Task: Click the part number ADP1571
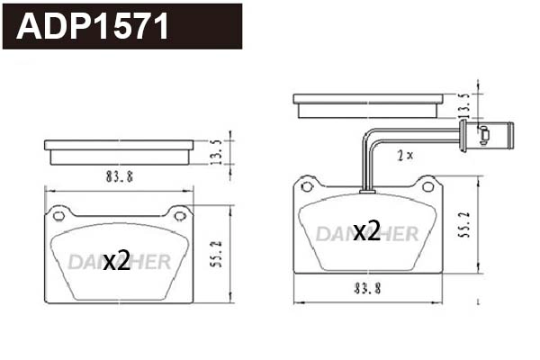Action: tap(94, 27)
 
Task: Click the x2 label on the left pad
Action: tap(116, 262)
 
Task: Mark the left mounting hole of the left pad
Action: tap(59, 215)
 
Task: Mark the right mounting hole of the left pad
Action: tap(178, 215)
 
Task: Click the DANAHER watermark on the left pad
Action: tap(118, 262)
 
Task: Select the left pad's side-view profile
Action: tap(119, 151)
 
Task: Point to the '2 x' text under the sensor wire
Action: tap(405, 155)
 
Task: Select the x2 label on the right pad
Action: tap(366, 231)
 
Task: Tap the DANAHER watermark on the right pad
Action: tap(366, 234)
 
